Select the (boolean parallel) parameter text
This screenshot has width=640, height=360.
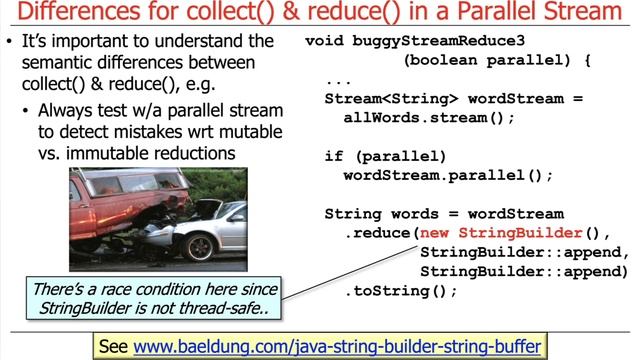(x=490, y=61)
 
